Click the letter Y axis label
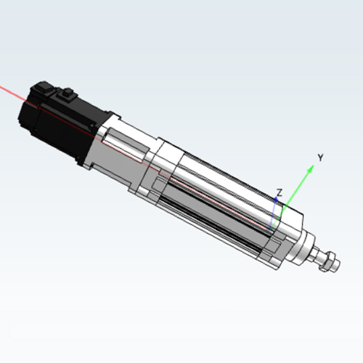point(320,158)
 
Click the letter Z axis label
point(280,193)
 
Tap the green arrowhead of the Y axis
point(310,168)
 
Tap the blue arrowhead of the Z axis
point(276,200)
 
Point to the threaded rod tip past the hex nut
point(336,266)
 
